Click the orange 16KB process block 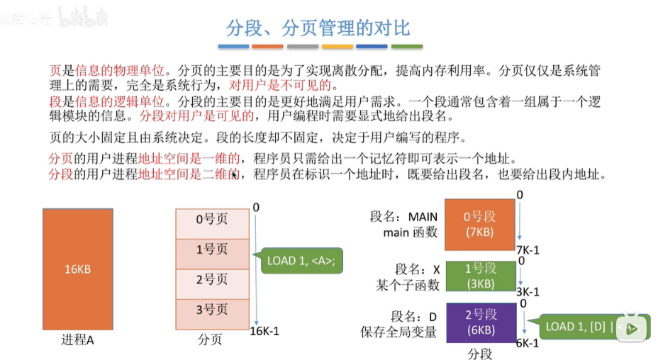click(x=77, y=269)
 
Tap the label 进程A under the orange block click(x=77, y=340)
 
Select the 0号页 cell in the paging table click(x=212, y=219)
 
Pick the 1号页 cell click(x=212, y=249)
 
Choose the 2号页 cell click(x=212, y=280)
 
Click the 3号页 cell click(x=212, y=310)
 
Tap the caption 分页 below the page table click(x=210, y=340)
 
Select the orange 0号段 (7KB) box click(x=479, y=225)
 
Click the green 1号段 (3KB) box click(x=479, y=276)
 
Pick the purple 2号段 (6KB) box click(x=479, y=322)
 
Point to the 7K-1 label click(x=528, y=250)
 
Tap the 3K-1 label click(x=528, y=292)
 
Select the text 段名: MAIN click(x=403, y=216)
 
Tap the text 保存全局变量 click(x=398, y=331)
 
